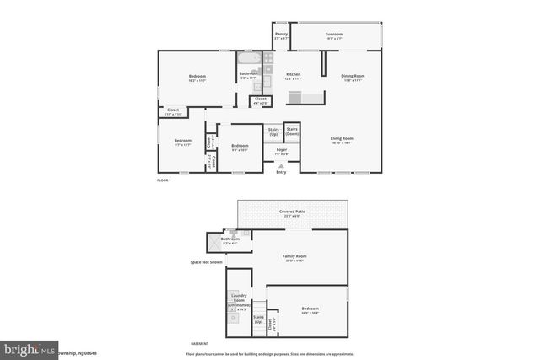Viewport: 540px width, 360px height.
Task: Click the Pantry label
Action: coord(281,35)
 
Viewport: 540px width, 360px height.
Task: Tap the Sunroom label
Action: coord(334,35)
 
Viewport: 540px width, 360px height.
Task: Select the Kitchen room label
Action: coord(293,75)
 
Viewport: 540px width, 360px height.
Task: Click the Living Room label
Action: coord(342,139)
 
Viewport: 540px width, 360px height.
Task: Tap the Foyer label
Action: coord(281,151)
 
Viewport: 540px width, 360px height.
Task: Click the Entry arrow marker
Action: coord(281,166)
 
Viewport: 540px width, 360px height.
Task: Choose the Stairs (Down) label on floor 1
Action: coord(292,132)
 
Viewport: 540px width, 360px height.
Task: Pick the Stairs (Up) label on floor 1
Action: coord(273,132)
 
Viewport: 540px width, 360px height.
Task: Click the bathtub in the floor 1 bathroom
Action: coord(248,60)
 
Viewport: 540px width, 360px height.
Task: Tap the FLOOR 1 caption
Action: coord(164,180)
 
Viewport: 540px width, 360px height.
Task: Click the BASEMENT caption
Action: coord(199,344)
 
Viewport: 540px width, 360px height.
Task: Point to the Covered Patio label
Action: coord(293,212)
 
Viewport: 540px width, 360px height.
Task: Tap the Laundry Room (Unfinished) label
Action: coord(240,304)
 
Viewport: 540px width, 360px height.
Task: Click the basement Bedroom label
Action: coord(310,309)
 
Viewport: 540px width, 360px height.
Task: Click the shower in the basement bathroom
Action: coord(213,242)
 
